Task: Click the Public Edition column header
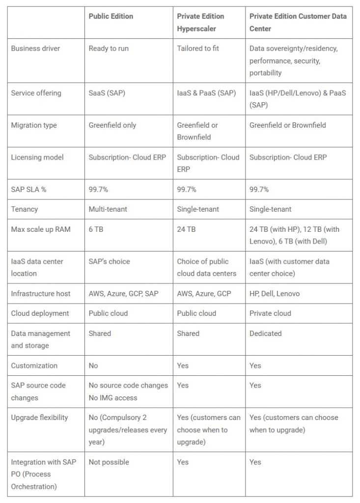tap(111, 16)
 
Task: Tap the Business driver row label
tap(35, 49)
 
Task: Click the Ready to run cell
tap(109, 49)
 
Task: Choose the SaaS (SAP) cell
tap(107, 93)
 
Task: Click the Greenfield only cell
tap(111, 125)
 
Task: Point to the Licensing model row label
tap(37, 157)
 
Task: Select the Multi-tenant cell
tap(108, 209)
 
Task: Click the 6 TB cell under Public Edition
tap(95, 229)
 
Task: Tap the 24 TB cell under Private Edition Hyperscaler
tap(186, 229)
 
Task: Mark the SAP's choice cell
tap(109, 261)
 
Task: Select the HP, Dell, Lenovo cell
tap(275, 294)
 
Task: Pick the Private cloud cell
tap(270, 313)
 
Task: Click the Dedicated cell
tap(265, 334)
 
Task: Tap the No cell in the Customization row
tap(93, 365)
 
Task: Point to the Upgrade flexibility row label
tap(39, 418)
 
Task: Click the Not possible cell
tap(109, 462)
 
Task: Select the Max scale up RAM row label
tap(41, 229)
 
